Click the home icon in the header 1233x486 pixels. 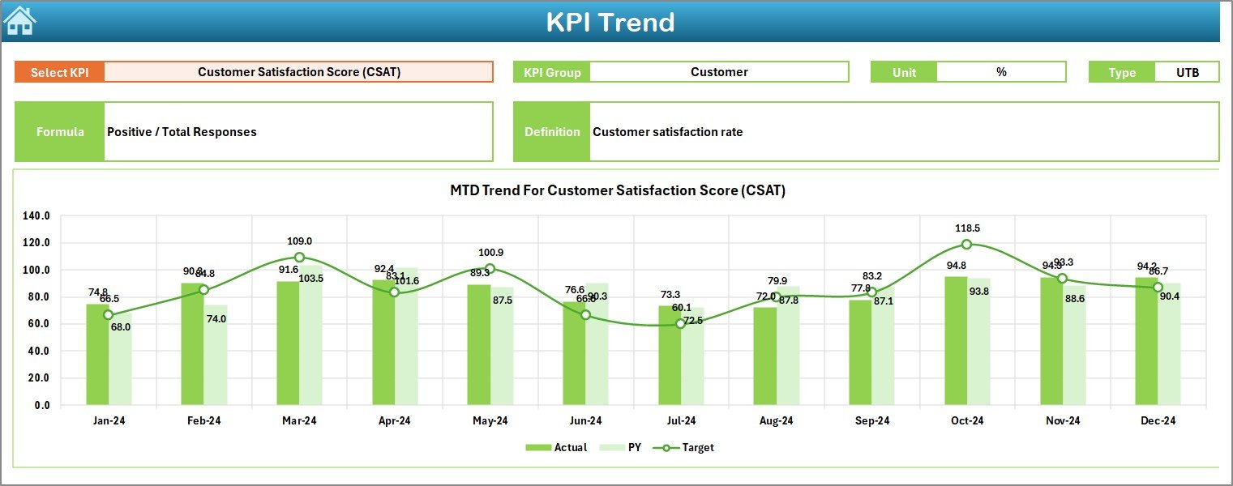[x=20, y=21]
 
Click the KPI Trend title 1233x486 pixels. [x=610, y=22]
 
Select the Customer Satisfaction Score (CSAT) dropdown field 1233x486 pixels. [x=298, y=72]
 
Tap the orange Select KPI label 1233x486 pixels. [x=59, y=72]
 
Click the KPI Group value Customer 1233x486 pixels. [x=719, y=72]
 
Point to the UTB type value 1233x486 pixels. [x=1187, y=72]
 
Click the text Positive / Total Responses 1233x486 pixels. [x=182, y=132]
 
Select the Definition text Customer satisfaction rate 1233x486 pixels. [x=667, y=132]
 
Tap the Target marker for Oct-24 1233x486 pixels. [x=966, y=245]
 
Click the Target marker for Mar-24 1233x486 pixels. [x=299, y=257]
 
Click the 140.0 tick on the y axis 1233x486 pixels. [x=36, y=216]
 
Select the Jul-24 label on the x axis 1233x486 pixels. [x=681, y=420]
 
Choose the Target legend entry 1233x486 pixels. [x=689, y=447]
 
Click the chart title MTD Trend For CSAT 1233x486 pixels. [x=618, y=190]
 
